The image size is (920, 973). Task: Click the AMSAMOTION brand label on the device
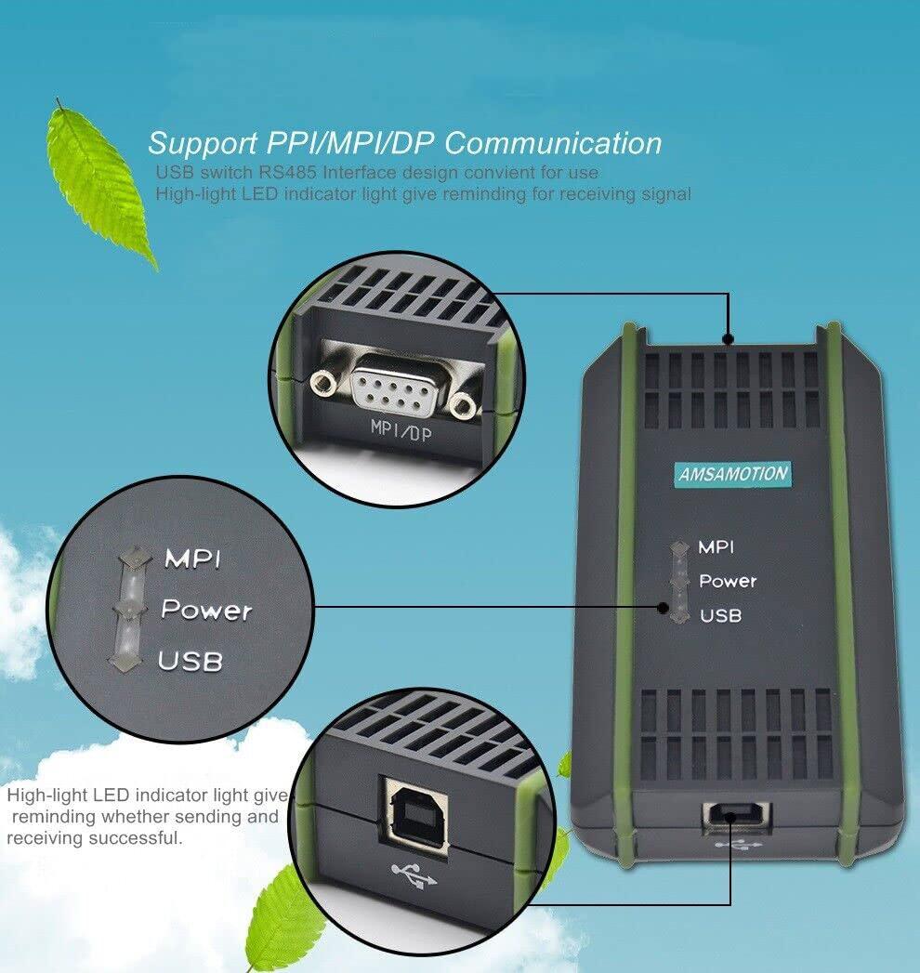[733, 474]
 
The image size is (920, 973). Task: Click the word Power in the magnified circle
[205, 610]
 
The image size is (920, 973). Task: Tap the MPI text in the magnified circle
[192, 559]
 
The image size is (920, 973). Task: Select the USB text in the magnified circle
[190, 661]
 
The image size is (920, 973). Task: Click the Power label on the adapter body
[728, 581]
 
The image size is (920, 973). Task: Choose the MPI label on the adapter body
[716, 546]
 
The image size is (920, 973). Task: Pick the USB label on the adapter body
[720, 615]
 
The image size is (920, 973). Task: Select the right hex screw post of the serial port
[461, 405]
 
